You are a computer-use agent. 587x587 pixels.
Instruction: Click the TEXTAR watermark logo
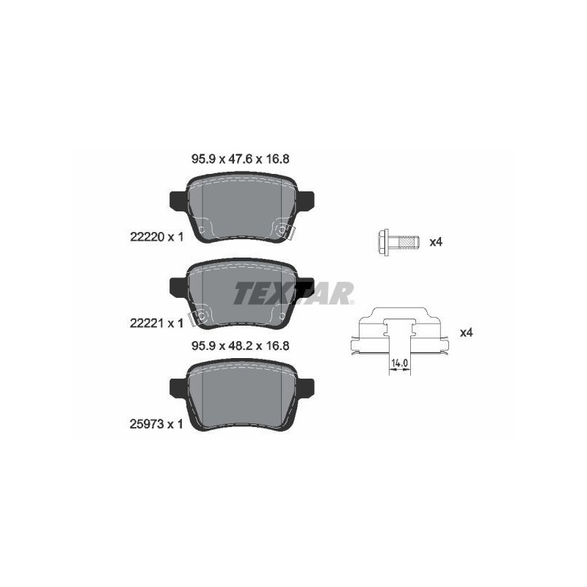point(293,293)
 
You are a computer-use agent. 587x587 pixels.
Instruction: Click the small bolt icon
point(395,241)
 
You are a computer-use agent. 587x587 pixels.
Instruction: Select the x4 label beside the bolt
point(436,241)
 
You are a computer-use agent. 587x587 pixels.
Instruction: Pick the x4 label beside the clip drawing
point(466,332)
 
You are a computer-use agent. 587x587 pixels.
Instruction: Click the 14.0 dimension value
point(399,362)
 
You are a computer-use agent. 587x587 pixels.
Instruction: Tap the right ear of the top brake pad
point(305,199)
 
